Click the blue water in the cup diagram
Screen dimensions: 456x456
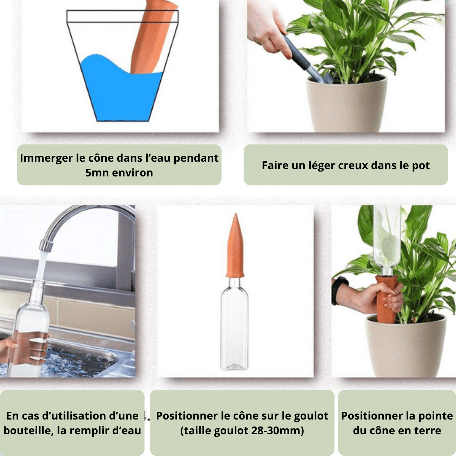pyautogui.click(x=121, y=95)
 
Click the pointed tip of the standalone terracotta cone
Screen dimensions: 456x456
pyautogui.click(x=236, y=214)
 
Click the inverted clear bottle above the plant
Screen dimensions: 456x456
pyautogui.click(x=387, y=241)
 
